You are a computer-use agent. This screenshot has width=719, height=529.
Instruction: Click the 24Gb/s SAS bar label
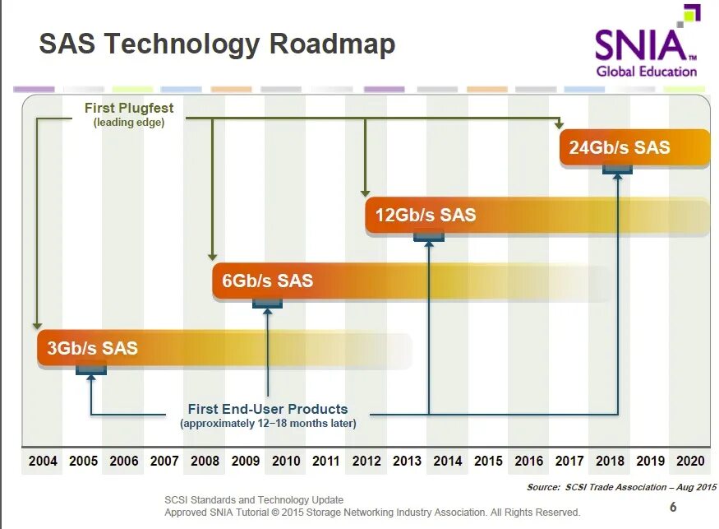(x=620, y=148)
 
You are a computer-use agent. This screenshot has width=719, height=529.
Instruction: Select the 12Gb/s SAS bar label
(x=426, y=216)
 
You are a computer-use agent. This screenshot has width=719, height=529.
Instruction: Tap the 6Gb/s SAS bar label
(x=268, y=281)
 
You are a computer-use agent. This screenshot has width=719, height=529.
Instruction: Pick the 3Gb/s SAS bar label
(x=93, y=348)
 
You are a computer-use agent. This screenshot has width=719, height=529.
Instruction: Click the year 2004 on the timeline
(x=43, y=461)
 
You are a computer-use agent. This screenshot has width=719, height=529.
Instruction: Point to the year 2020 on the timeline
(x=690, y=461)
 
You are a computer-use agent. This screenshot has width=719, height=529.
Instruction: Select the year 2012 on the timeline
(x=366, y=461)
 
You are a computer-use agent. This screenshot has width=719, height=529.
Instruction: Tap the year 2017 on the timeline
(x=569, y=461)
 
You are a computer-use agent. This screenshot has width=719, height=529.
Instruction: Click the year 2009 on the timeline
(x=245, y=461)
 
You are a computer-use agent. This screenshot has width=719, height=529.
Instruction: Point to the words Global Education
(x=646, y=72)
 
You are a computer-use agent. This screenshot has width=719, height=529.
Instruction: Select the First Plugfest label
(x=129, y=108)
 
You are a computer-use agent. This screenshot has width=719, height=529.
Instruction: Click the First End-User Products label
(x=268, y=409)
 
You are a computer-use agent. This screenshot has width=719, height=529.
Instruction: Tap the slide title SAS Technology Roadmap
(x=217, y=44)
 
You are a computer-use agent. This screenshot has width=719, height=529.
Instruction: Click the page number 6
(x=673, y=507)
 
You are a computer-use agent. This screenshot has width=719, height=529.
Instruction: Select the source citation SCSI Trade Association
(x=621, y=487)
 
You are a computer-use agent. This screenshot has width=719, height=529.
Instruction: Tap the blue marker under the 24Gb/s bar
(x=617, y=169)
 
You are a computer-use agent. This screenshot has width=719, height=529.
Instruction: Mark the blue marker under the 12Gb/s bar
(x=428, y=237)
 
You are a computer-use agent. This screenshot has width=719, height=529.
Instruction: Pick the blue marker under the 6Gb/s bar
(x=267, y=303)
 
